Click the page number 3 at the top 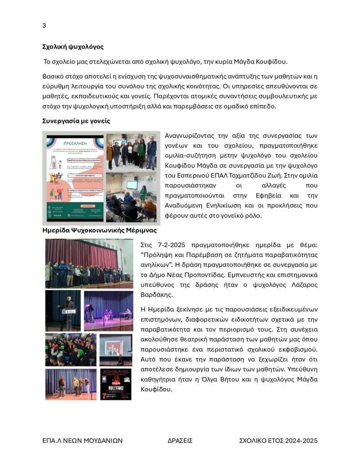(44, 25)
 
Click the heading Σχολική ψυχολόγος (73, 47)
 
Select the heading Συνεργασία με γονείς (76, 121)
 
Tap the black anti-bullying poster (116, 385)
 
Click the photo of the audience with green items (71, 349)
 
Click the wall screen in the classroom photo (132, 185)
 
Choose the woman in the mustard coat (110, 152)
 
